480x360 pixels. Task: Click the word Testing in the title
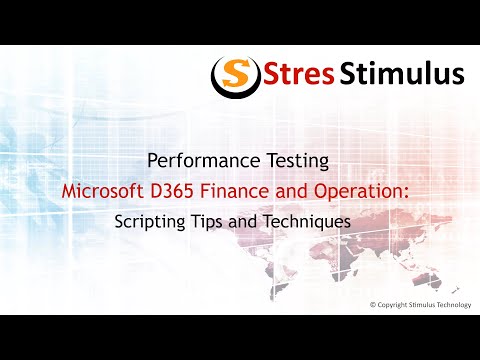[292, 161]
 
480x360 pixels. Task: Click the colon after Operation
[422, 190]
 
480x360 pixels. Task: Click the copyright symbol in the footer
[373, 304]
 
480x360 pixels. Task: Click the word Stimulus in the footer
[424, 304]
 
